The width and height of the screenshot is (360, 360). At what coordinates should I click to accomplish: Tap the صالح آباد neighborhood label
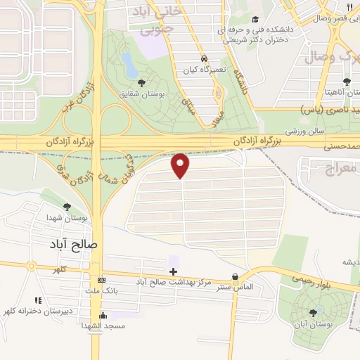click(x=77, y=244)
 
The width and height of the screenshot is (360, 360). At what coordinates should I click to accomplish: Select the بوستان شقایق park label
click(x=141, y=93)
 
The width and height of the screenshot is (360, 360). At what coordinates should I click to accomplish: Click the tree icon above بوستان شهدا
click(x=67, y=207)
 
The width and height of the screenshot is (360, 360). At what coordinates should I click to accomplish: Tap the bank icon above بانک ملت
click(x=103, y=278)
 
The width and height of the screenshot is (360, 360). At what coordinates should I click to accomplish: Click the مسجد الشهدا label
click(x=103, y=326)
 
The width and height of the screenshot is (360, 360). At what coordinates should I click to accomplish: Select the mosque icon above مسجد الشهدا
click(x=103, y=315)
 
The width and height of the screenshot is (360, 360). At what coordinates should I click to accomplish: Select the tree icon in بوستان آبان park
click(x=313, y=312)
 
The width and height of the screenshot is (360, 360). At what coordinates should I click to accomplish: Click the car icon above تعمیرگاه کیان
click(x=203, y=59)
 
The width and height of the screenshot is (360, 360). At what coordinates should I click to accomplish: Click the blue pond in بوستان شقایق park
click(x=129, y=64)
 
